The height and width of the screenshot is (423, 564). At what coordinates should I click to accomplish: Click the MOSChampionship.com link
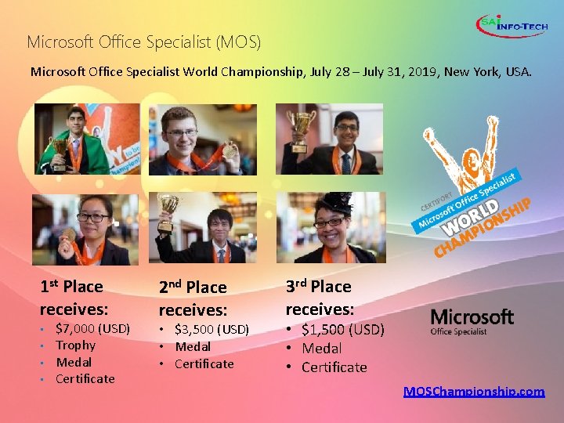pyautogui.click(x=474, y=392)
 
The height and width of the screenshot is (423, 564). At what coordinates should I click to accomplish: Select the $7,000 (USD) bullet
pyautogui.click(x=92, y=328)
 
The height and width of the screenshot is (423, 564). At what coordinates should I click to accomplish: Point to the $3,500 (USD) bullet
pyautogui.click(x=211, y=329)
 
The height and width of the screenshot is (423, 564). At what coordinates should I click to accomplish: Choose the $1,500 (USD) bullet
pyautogui.click(x=342, y=330)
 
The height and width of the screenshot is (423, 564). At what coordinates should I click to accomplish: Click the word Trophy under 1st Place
pyautogui.click(x=75, y=345)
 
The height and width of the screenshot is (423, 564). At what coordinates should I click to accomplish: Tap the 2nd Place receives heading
pyautogui.click(x=193, y=298)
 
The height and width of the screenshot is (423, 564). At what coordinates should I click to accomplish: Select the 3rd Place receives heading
pyautogui.click(x=320, y=298)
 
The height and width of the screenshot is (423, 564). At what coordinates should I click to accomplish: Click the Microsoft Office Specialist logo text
pyautogui.click(x=472, y=321)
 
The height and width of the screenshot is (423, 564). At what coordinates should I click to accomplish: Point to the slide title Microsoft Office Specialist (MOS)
pyautogui.click(x=144, y=41)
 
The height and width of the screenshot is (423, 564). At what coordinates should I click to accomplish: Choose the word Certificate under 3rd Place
pyautogui.click(x=334, y=367)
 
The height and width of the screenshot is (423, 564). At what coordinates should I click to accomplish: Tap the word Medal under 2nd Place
pyautogui.click(x=192, y=346)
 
